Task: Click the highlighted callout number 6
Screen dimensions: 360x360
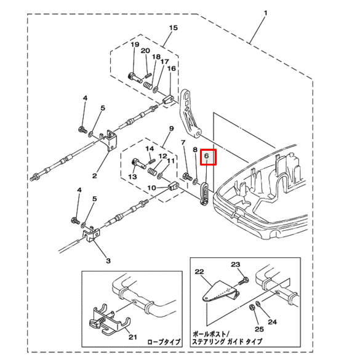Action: tap(206, 156)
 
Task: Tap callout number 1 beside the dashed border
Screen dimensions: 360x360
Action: tap(266, 13)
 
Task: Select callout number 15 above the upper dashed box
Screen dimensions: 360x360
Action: tap(174, 28)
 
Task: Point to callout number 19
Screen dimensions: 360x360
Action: tap(135, 44)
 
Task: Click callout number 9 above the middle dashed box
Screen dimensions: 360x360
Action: tap(172, 129)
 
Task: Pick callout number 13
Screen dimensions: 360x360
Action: tap(132, 177)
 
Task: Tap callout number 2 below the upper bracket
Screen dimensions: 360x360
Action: tap(95, 176)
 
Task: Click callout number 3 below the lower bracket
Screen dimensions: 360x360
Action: tap(108, 260)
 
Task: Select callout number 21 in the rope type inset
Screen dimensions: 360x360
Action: tap(133, 337)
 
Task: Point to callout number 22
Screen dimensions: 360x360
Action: tap(199, 272)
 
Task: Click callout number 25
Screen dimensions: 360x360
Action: tap(259, 329)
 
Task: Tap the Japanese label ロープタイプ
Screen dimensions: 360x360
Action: tap(164, 342)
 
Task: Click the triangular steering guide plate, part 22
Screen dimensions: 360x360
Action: tap(220, 292)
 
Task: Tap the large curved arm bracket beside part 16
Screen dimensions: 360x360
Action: tap(190, 114)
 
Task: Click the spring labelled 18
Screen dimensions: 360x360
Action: tap(148, 86)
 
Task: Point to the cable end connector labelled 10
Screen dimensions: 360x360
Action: tap(174, 186)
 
